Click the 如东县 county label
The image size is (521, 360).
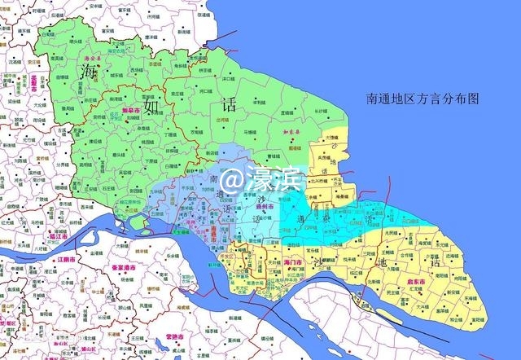[x=293, y=130]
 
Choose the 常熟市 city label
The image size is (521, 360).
[x=173, y=336]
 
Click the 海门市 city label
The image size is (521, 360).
[x=294, y=261]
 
